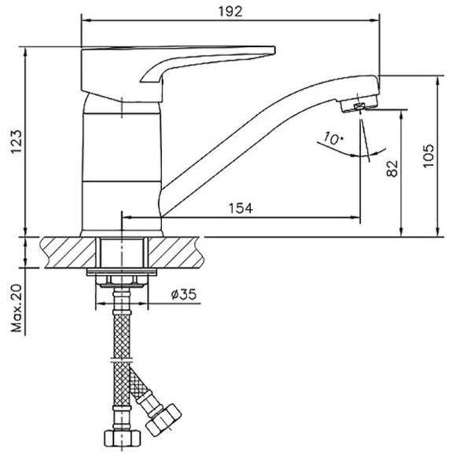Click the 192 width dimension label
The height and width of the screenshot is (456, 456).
231,10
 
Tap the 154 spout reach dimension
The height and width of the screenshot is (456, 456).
240,208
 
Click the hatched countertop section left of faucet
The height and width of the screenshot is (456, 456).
66,252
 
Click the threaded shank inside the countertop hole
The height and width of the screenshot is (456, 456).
121,252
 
